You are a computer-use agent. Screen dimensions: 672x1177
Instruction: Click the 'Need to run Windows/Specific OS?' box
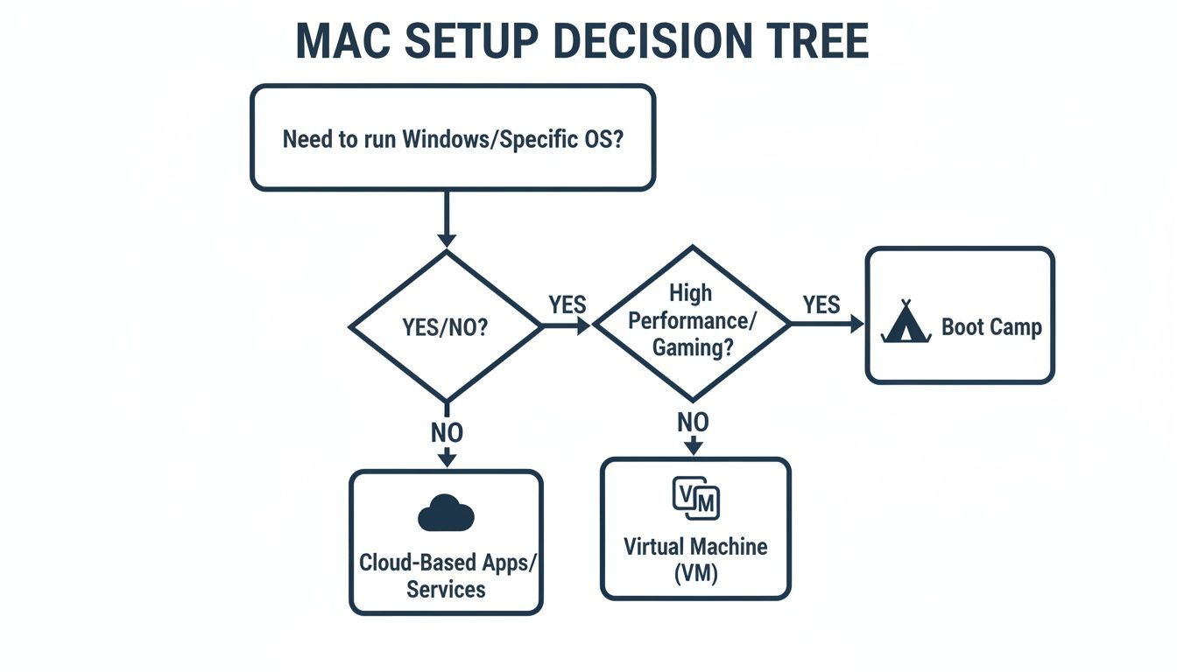click(x=452, y=138)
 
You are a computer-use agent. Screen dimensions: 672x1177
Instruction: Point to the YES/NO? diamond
click(x=446, y=326)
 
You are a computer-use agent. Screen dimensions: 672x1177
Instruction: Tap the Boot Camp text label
click(x=990, y=327)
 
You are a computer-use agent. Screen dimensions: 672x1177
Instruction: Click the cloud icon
click(x=446, y=514)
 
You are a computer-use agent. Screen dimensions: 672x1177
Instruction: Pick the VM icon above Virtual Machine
click(x=695, y=498)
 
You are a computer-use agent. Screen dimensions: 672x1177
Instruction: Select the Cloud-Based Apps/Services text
click(x=446, y=575)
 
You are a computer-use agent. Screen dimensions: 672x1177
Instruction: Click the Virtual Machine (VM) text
click(x=695, y=560)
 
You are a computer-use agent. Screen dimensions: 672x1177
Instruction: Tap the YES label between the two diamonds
click(x=567, y=304)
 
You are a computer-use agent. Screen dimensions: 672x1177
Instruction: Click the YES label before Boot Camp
click(x=821, y=304)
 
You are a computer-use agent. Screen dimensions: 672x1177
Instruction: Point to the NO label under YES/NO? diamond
click(x=447, y=432)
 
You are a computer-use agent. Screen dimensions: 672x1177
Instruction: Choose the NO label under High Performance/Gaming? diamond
click(x=693, y=423)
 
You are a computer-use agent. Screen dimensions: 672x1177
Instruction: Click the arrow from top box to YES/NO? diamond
click(x=447, y=219)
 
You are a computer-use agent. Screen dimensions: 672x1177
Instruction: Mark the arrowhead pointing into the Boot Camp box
click(x=856, y=324)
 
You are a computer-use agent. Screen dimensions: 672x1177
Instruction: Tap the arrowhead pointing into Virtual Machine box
click(x=694, y=448)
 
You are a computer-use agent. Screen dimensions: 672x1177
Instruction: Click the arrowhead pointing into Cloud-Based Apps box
click(x=447, y=459)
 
